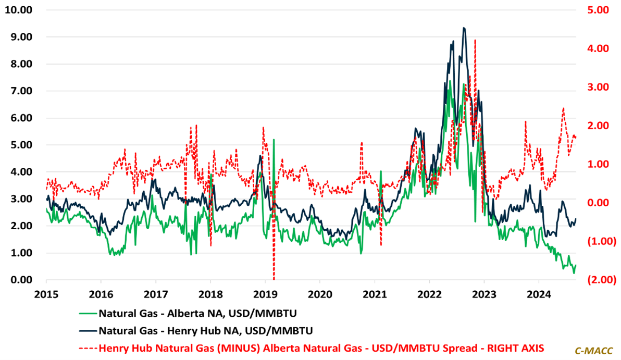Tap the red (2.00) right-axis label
[x=592, y=280]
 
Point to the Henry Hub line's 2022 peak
[x=464, y=28]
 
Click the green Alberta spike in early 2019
[x=274, y=140]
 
